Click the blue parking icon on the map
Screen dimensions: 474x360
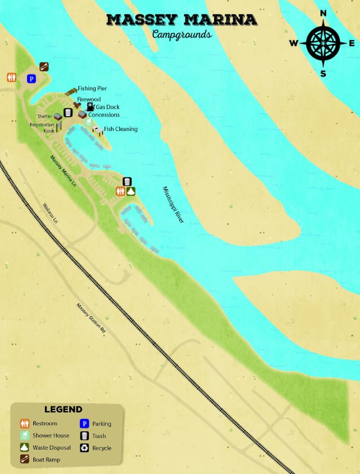(x=31, y=78)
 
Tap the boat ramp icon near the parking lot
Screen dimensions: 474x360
(x=44, y=67)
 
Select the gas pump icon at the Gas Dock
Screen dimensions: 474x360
(x=90, y=106)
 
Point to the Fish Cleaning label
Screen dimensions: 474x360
(x=121, y=129)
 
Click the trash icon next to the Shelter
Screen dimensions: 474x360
(x=68, y=112)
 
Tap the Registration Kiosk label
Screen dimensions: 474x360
(x=42, y=127)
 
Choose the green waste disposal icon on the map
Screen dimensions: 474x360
(x=131, y=191)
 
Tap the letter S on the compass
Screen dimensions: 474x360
(x=323, y=73)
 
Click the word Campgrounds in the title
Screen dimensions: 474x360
(x=181, y=35)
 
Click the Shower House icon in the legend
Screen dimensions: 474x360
(x=24, y=435)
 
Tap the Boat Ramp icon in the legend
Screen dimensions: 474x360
(x=24, y=460)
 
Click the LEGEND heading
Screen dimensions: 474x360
(x=63, y=410)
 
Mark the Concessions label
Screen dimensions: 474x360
(x=104, y=115)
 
